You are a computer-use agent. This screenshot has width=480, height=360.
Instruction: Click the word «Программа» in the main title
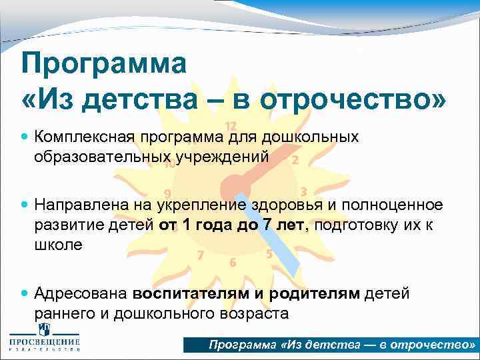(104, 65)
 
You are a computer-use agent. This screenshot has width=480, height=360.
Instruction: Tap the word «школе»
(59, 245)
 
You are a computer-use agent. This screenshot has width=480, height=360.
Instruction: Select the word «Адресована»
(81, 293)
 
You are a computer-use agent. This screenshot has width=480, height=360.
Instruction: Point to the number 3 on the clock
(303, 191)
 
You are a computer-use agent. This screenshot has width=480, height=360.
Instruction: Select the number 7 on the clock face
(200, 255)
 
